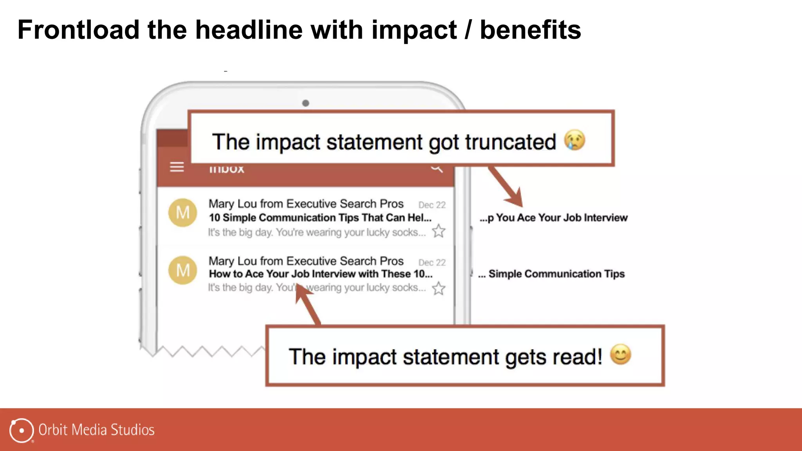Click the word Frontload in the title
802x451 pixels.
tap(78, 30)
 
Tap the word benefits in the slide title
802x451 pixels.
tap(530, 30)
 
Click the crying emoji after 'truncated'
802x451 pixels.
tap(574, 140)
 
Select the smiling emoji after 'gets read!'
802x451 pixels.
tap(621, 355)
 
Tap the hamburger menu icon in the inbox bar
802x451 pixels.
tap(177, 167)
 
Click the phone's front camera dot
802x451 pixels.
tap(305, 103)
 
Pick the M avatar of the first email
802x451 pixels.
tap(182, 213)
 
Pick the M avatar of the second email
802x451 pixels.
tap(182, 270)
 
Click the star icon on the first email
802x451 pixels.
tap(439, 231)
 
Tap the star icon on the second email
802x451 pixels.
tap(439, 289)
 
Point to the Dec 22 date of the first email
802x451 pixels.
tap(432, 205)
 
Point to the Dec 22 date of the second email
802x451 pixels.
tap(432, 262)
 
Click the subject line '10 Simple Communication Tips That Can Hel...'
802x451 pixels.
tap(320, 218)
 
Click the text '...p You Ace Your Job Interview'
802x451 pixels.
tap(553, 218)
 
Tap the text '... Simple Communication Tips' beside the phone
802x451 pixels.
tap(551, 274)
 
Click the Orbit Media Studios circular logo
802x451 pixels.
tap(22, 430)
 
